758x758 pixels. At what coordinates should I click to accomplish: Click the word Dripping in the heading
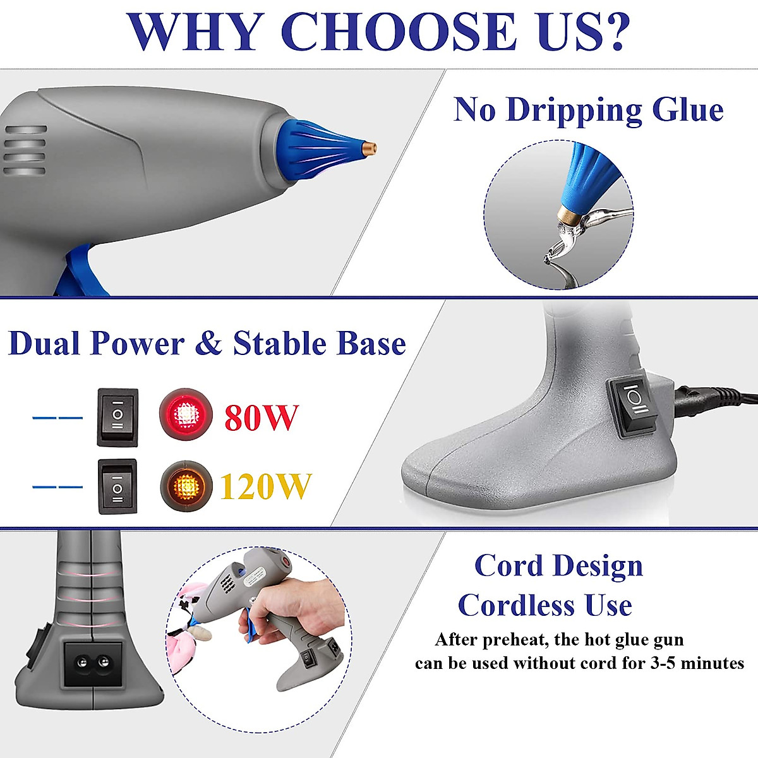point(574,110)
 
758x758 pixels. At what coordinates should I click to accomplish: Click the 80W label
point(262,417)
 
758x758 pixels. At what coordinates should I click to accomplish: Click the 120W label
point(265,487)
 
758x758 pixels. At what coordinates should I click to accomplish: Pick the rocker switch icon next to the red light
point(117,417)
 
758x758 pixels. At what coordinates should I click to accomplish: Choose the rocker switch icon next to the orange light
point(117,486)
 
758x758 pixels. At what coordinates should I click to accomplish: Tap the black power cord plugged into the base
point(714,398)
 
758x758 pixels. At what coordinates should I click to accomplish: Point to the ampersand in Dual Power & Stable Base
point(208,344)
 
